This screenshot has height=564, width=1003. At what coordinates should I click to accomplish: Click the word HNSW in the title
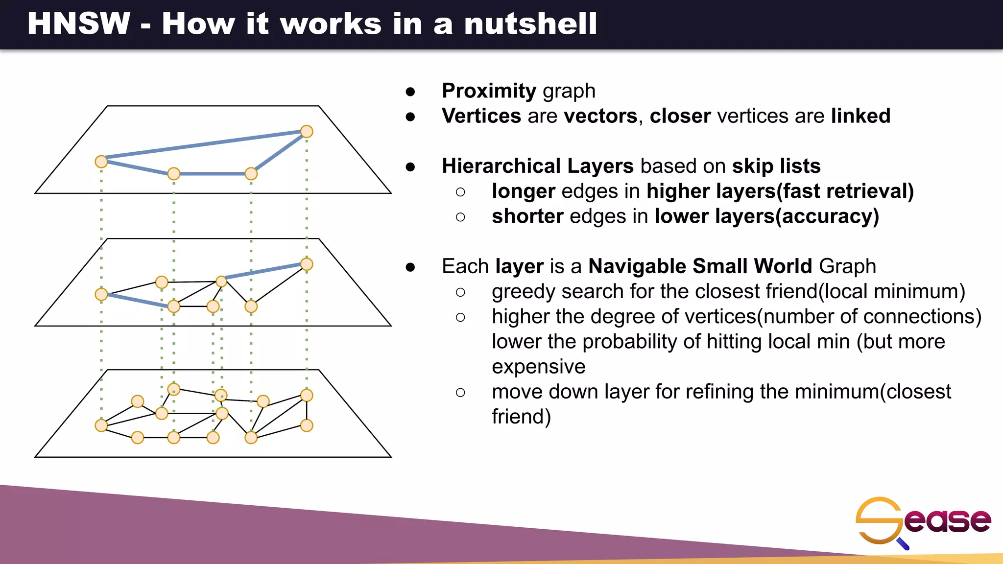(79, 23)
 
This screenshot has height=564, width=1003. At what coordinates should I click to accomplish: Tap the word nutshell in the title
(530, 23)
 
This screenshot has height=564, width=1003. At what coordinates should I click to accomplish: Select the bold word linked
(860, 116)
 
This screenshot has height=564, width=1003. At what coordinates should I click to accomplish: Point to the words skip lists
(776, 166)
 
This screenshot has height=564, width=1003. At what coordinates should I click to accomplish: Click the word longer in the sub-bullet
(523, 191)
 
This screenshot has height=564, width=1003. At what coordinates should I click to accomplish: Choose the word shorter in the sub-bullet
(527, 216)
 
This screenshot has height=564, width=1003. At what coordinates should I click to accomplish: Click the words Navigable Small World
(700, 266)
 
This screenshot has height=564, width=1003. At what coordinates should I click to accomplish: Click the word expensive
(538, 366)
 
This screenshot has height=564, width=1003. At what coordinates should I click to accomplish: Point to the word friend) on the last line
(521, 417)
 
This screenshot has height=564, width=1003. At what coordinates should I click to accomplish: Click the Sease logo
(923, 521)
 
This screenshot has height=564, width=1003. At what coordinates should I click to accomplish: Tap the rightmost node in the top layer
(307, 131)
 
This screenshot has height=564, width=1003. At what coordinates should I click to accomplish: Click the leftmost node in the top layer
(101, 162)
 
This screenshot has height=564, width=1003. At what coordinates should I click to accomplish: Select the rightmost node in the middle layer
(307, 264)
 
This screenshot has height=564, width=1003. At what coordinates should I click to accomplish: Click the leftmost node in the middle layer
(101, 294)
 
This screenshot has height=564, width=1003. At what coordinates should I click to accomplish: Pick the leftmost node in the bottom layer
(101, 425)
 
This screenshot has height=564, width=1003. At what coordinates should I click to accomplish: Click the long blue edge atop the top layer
(204, 144)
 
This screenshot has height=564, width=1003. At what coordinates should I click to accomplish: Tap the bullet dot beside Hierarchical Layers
(410, 167)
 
